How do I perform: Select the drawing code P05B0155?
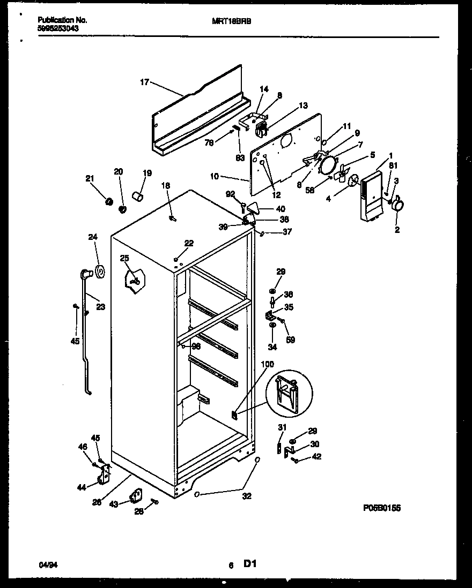coord(382,508)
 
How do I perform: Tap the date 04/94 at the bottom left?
coord(47,564)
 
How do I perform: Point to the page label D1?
coord(250,564)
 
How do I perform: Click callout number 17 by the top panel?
coord(144,82)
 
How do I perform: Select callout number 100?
coord(267,364)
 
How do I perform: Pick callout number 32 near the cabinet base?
coord(247,496)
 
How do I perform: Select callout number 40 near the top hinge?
coord(281,209)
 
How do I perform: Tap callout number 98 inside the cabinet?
coord(196,346)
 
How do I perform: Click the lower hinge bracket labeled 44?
coord(105,473)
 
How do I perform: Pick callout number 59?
coord(290,340)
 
